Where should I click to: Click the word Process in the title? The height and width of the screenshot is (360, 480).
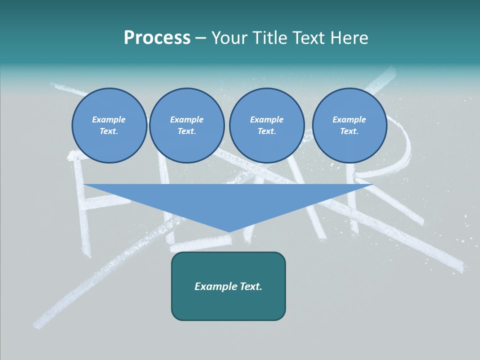[157, 38]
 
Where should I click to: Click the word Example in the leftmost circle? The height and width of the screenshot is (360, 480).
[109, 119]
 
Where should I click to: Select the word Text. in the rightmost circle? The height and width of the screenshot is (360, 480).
[349, 131]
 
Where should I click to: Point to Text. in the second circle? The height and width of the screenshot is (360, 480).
[187, 131]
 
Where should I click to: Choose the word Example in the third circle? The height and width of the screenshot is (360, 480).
[266, 119]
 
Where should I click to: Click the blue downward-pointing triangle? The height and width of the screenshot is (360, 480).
[228, 200]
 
